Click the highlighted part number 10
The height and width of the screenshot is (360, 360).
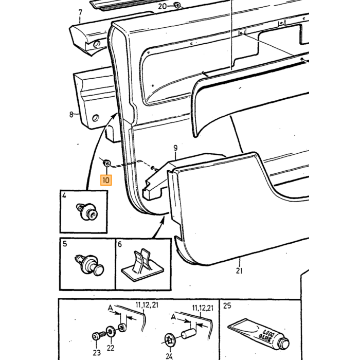click(106, 180)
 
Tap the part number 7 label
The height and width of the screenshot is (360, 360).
click(80, 12)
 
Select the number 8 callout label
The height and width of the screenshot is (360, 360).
click(71, 114)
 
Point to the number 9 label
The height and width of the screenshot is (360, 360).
click(176, 148)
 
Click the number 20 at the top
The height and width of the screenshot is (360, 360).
click(163, 6)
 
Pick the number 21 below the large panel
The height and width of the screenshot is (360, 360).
click(239, 271)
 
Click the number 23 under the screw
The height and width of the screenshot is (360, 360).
click(97, 352)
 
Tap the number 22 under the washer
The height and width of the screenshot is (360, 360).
click(111, 348)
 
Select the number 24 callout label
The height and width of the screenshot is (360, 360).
click(169, 356)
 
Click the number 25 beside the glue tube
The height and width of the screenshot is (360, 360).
click(227, 306)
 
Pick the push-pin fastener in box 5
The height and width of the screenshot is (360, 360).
click(89, 265)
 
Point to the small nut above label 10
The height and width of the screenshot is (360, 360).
click(106, 163)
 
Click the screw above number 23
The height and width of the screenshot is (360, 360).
click(98, 335)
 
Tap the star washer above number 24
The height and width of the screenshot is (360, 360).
click(170, 339)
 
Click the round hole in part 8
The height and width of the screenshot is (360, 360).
click(95, 118)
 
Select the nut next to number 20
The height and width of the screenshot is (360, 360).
click(177, 5)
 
